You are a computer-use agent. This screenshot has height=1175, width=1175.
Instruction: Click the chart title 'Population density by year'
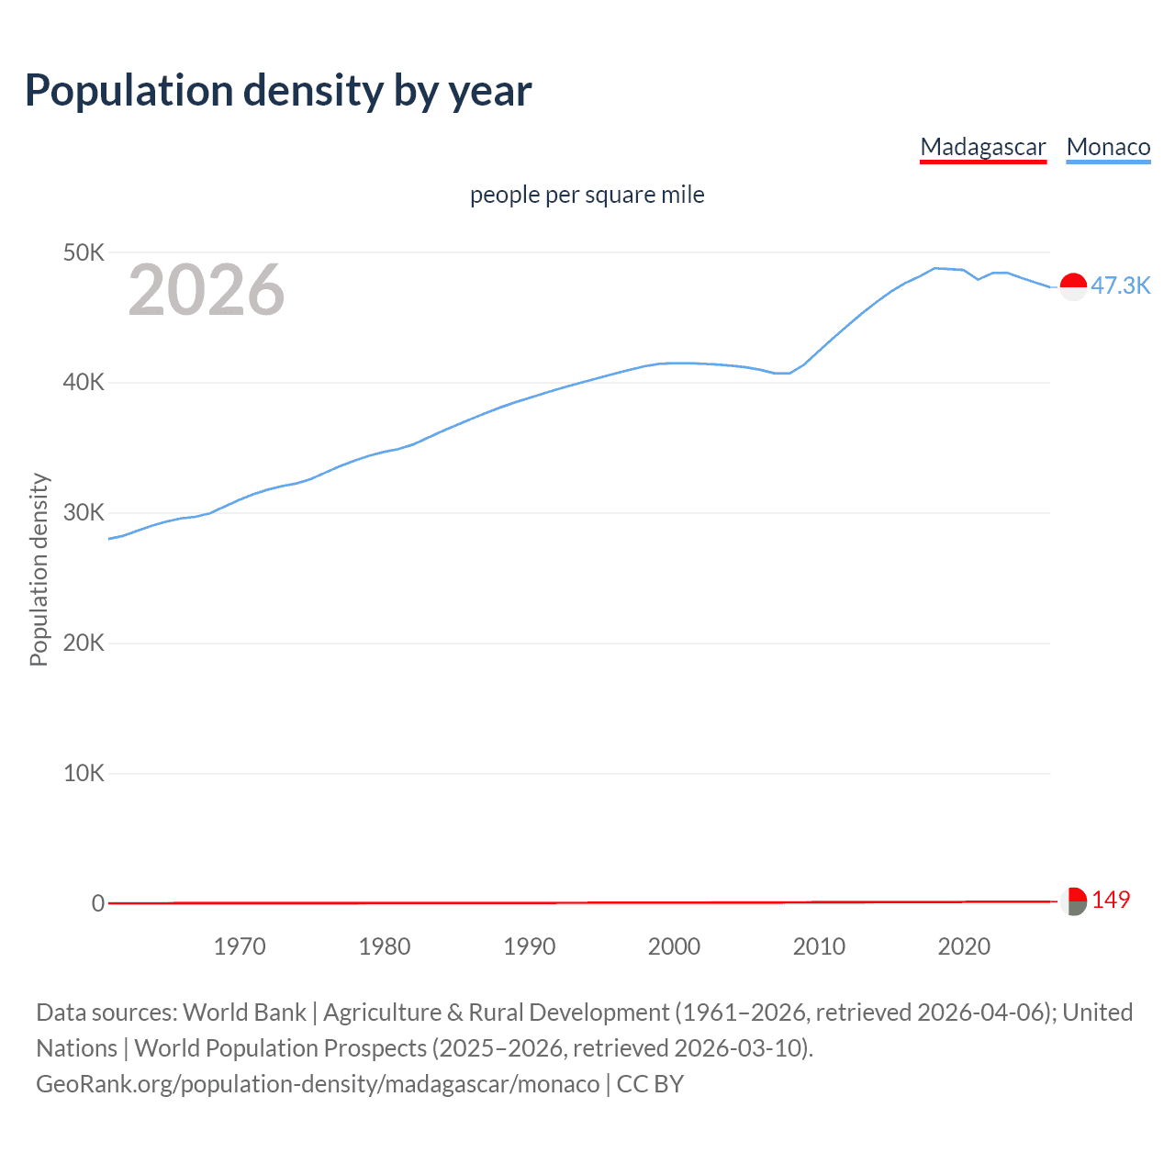(x=278, y=91)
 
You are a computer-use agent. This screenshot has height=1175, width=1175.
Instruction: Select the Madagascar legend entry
(x=982, y=147)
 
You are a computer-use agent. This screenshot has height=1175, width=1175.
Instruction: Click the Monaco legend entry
(x=1108, y=147)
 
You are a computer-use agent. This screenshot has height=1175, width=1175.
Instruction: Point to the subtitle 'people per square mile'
(x=587, y=195)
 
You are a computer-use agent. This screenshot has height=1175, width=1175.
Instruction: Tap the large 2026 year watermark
(x=207, y=290)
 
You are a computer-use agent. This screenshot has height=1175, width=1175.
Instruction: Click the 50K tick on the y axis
(x=84, y=252)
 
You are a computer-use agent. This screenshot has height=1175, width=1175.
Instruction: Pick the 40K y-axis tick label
(x=84, y=383)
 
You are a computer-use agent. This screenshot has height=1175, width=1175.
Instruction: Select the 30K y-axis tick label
(x=84, y=513)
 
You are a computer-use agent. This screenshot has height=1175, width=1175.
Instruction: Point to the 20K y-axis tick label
(x=84, y=643)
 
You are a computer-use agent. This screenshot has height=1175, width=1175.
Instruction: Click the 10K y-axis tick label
(x=84, y=774)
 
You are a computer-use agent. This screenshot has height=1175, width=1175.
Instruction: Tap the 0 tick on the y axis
(x=98, y=903)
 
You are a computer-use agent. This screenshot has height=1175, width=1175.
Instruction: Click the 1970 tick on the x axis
(x=240, y=946)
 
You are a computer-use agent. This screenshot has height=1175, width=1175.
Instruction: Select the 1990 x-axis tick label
(x=530, y=946)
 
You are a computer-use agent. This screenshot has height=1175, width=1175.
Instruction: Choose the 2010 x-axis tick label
(x=819, y=946)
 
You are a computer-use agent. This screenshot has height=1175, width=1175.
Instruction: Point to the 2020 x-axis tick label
(x=964, y=946)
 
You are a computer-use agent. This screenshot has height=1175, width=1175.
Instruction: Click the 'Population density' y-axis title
(x=39, y=569)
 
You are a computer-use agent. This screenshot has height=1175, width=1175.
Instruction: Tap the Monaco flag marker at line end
(x=1073, y=286)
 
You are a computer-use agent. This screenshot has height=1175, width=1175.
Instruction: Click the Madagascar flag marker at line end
(x=1073, y=901)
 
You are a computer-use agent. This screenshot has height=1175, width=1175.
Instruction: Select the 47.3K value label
(x=1120, y=285)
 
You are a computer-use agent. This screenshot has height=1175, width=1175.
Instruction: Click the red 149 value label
(x=1111, y=900)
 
